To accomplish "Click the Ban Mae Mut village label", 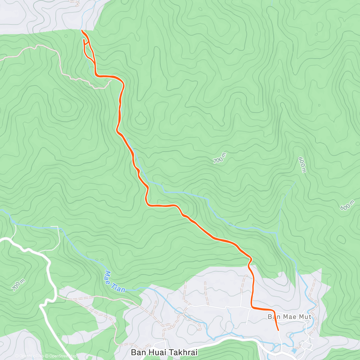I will point(289,317).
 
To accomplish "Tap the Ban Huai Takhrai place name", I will point(164,352).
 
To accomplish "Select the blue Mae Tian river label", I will point(115,282).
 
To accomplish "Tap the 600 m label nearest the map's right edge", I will point(347,205).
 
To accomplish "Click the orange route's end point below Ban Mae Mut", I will point(278,330).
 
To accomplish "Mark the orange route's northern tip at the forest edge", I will point(82,31).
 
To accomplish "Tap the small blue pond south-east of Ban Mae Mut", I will point(294,350).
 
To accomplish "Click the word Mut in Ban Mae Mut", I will point(304,317).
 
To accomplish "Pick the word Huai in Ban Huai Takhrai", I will point(153,352).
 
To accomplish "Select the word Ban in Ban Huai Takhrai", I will point(137,352).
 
